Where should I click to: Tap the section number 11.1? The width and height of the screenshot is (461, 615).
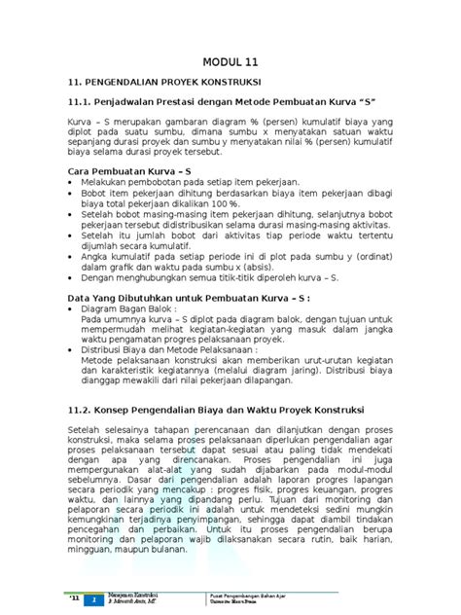tap(80, 103)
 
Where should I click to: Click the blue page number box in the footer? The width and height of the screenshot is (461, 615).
tap(94, 600)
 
